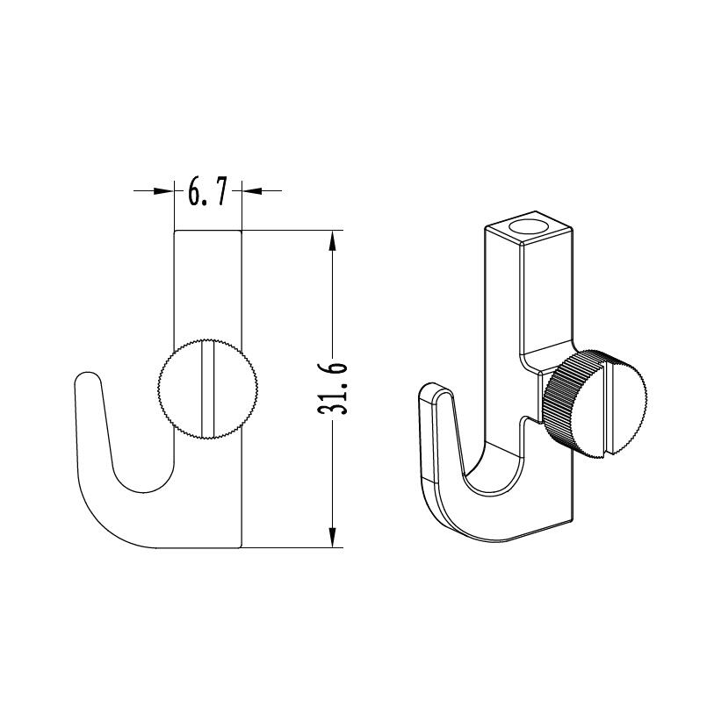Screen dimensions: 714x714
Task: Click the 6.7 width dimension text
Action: [x=207, y=192]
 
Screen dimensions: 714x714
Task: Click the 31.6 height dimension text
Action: [x=332, y=389]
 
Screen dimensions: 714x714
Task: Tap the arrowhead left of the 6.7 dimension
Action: [x=164, y=191]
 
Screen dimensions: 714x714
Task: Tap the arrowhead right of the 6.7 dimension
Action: [x=252, y=191]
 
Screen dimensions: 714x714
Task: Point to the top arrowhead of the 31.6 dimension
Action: [x=332, y=241]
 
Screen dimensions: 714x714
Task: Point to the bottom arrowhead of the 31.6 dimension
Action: [x=332, y=536]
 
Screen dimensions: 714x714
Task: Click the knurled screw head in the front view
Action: [x=207, y=389]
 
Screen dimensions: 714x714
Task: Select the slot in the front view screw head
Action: [x=208, y=389]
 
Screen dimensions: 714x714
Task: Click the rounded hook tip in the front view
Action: [x=87, y=380]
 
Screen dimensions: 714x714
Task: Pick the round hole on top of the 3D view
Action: [x=529, y=227]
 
